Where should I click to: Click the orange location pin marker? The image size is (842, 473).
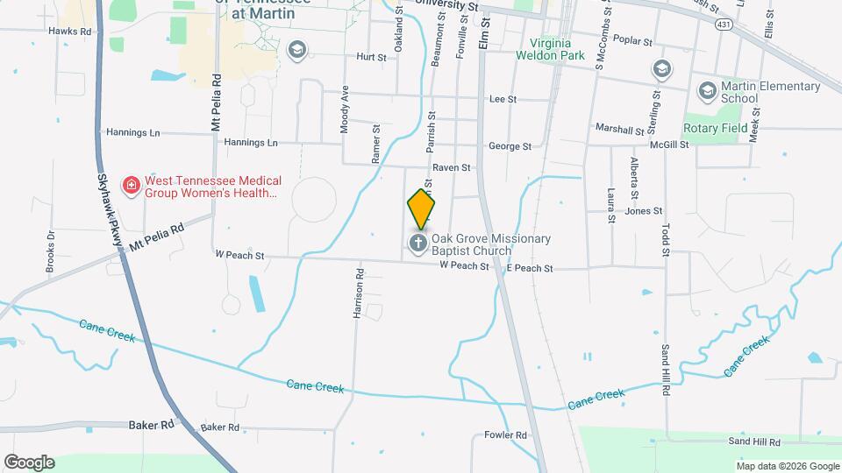coord(421,208)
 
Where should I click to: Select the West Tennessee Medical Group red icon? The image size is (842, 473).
coord(132,185)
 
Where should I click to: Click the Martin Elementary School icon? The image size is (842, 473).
coord(706,90)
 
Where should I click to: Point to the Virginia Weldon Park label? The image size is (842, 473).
coord(562,50)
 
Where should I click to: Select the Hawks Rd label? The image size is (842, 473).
coord(70,31)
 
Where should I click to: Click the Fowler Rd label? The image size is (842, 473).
coord(505,435)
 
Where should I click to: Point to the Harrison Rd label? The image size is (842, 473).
coord(359,299)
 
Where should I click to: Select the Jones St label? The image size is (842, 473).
coord(643,211)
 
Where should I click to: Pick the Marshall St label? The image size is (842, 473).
coord(619,129)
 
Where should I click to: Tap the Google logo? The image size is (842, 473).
coord(29,462)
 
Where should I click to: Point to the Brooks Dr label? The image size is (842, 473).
coord(50,251)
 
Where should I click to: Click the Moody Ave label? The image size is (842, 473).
coord(346,109)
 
